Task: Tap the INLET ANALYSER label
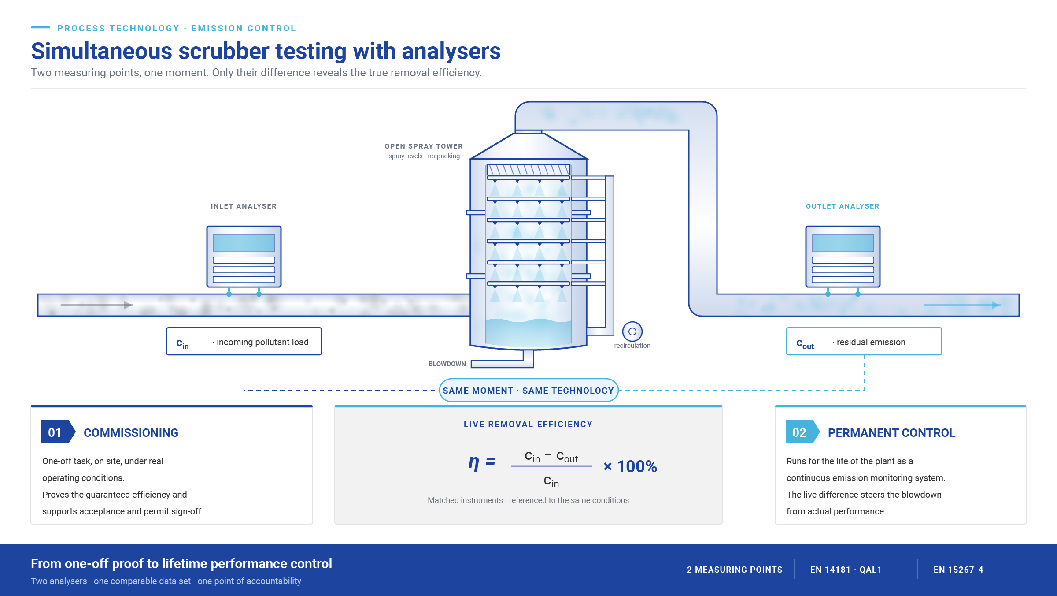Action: tap(244, 206)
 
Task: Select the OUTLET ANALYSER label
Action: tap(843, 206)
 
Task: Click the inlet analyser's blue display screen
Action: tap(244, 243)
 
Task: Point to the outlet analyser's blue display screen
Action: tap(843, 243)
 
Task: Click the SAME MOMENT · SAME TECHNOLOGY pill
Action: tap(528, 390)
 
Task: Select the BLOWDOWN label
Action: tap(447, 364)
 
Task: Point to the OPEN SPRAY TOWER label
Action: tap(424, 146)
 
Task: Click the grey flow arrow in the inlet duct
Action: tap(96, 305)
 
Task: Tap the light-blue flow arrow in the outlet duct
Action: tap(962, 305)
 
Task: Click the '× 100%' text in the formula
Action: tap(630, 466)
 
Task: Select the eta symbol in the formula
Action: tap(474, 463)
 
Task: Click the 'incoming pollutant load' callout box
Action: tap(244, 341)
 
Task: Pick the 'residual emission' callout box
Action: tap(864, 341)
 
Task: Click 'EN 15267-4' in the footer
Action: tap(958, 570)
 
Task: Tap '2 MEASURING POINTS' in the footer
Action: tap(735, 570)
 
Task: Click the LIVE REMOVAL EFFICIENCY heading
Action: tap(528, 424)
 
